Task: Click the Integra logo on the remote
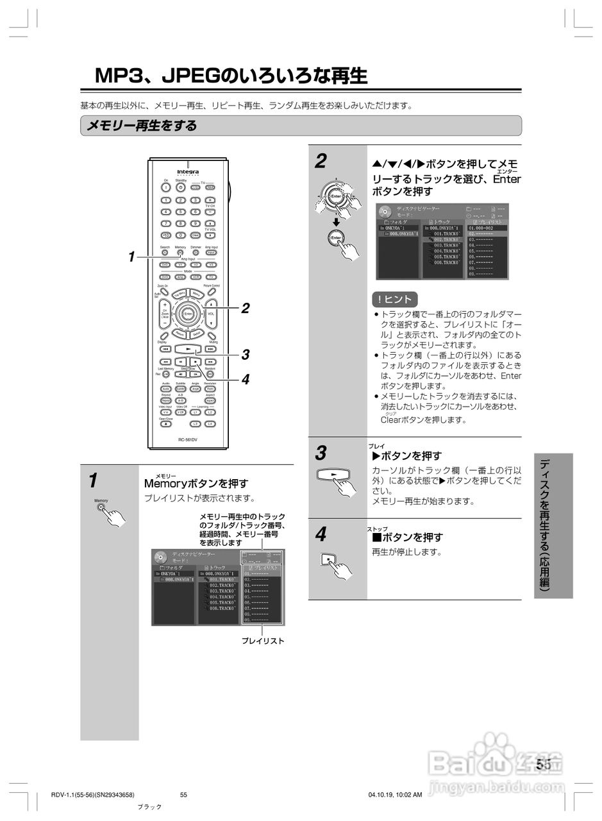[188, 172]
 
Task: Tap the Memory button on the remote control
[180, 253]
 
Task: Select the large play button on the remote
[188, 349]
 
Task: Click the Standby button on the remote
[181, 187]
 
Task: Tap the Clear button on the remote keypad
[196, 235]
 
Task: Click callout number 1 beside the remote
[131, 257]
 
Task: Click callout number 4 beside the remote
[245, 379]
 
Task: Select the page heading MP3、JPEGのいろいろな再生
[231, 76]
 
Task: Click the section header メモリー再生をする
[142, 126]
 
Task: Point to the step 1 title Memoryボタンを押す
[196, 483]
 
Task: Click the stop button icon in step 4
[328, 559]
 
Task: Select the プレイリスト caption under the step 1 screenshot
[262, 641]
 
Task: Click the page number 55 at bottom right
[544, 764]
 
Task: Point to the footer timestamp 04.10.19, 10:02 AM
[395, 795]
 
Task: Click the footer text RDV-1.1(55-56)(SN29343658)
[92, 795]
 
